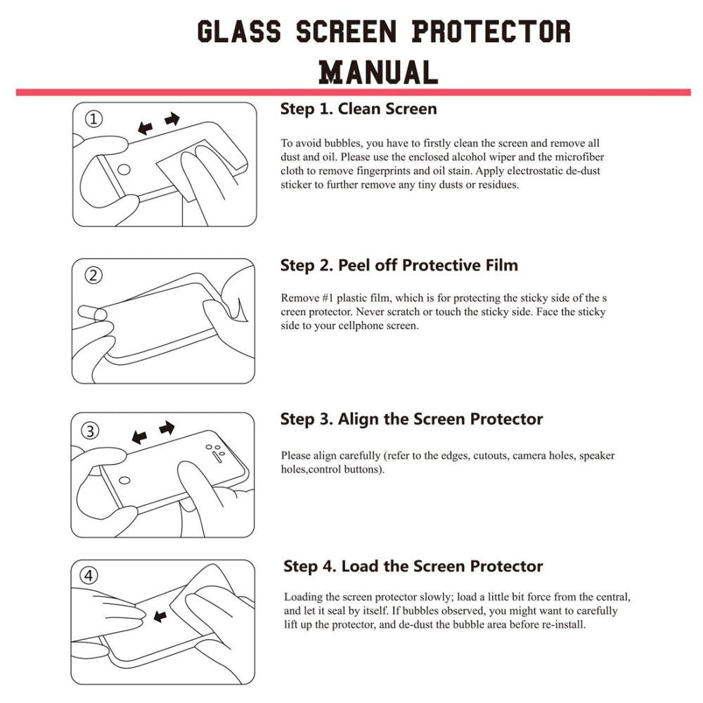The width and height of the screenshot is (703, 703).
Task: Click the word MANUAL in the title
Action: (378, 72)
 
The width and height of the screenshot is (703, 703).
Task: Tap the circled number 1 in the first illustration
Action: (94, 120)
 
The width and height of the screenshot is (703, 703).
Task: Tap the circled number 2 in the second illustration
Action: (94, 275)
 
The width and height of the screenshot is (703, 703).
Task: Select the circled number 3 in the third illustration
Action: (91, 430)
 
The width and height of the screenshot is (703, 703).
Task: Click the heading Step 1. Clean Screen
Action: (359, 109)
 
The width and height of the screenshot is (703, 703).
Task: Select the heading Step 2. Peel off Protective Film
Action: (399, 265)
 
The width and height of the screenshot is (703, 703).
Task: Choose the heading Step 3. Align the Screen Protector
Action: (411, 420)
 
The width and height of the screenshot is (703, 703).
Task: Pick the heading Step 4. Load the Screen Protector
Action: (413, 567)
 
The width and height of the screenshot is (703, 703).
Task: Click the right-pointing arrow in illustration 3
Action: (167, 427)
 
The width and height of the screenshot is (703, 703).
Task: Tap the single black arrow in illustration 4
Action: (160, 616)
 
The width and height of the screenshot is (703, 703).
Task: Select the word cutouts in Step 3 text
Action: (489, 456)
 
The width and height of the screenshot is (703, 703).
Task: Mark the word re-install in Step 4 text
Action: (563, 624)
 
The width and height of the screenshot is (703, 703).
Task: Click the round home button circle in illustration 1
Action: (124, 169)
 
